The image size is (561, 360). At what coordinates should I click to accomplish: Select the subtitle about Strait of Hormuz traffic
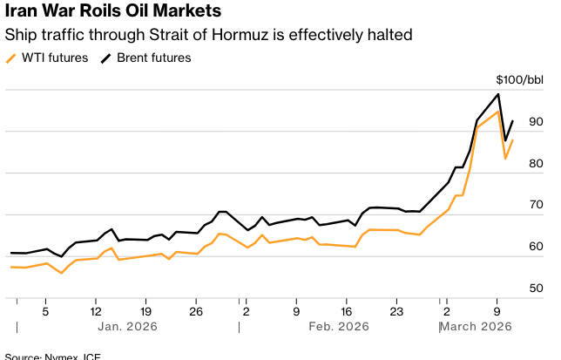(x=208, y=36)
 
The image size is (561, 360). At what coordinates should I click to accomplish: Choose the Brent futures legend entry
(x=146, y=58)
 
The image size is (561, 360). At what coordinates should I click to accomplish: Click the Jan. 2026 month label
(x=127, y=326)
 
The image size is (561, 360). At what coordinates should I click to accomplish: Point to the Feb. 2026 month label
(x=338, y=326)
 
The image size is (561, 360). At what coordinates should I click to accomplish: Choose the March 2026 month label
(x=476, y=326)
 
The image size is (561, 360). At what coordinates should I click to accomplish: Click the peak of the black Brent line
(x=497, y=94)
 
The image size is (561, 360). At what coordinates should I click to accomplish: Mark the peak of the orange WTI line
(x=497, y=112)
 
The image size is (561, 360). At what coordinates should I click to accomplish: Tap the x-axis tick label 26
(x=196, y=309)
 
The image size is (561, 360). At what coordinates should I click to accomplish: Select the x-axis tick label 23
(x=396, y=309)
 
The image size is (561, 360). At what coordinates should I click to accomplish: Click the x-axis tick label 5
(x=45, y=309)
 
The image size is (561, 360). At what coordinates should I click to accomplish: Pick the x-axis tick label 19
(x=145, y=309)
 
